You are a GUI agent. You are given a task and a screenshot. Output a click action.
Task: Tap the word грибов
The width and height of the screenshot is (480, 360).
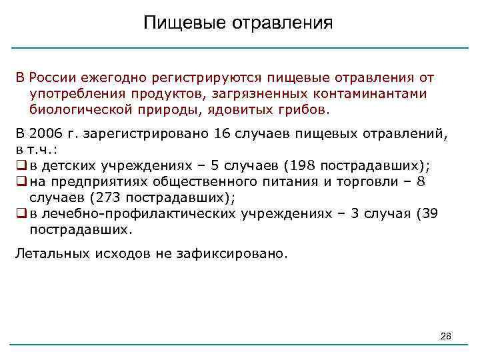point(299,109)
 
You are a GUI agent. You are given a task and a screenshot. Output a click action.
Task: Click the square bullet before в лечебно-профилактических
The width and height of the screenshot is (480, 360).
point(21,214)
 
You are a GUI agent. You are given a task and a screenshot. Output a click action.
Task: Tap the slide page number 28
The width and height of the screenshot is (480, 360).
point(446,337)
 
